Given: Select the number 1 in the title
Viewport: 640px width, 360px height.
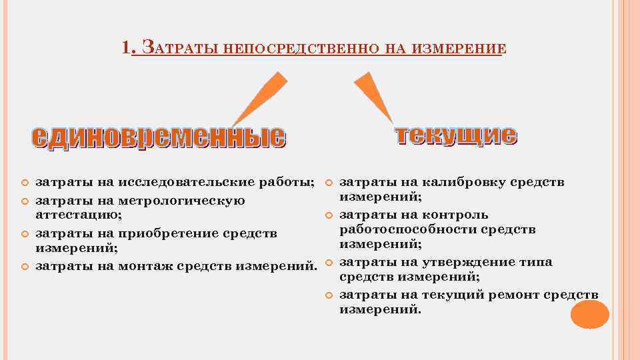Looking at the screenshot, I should pos(127,48).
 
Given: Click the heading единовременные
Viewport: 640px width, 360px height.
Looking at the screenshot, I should pos(159,137).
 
